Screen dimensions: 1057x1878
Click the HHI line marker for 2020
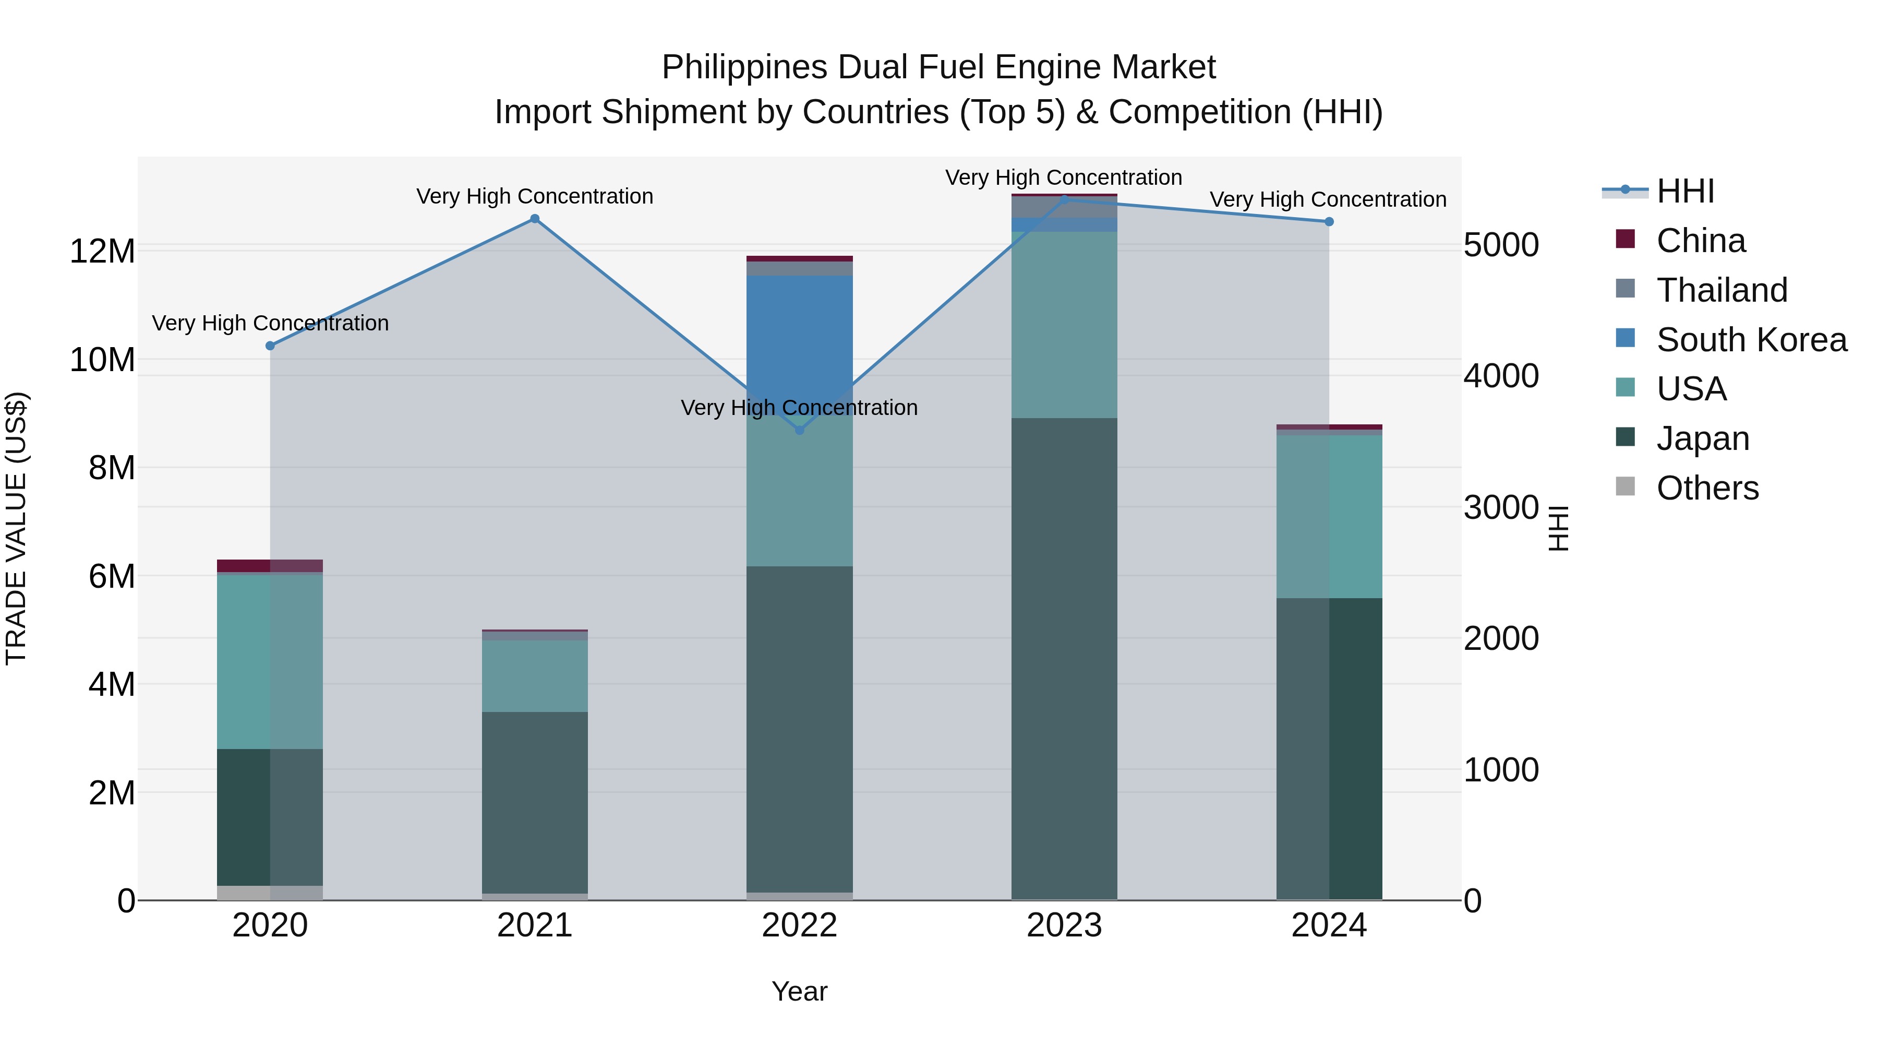click(270, 346)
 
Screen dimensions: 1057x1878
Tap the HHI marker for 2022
click(799, 431)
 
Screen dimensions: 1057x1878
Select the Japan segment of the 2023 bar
click(1064, 657)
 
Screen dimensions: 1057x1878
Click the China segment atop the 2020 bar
click(270, 565)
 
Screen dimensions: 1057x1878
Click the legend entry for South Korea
click(1750, 340)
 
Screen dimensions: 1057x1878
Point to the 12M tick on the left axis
click(102, 252)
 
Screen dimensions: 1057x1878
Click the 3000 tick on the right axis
click(1500, 508)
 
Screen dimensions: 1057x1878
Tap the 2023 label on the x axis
click(1064, 925)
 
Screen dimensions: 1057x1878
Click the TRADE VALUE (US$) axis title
click(16, 528)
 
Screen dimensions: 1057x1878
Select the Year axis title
click(799, 991)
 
